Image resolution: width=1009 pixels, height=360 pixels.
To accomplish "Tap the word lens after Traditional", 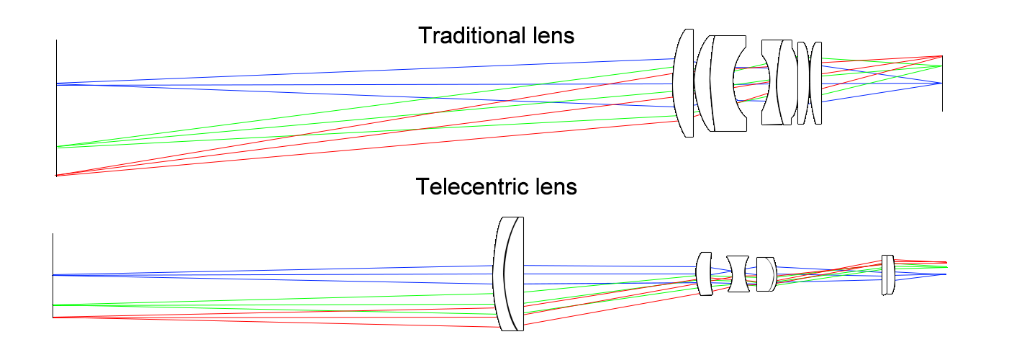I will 551,35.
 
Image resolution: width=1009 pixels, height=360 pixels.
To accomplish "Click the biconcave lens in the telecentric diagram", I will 738,274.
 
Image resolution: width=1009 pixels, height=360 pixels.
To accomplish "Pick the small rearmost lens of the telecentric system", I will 888,274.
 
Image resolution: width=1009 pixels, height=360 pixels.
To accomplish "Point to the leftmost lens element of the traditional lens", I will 684,83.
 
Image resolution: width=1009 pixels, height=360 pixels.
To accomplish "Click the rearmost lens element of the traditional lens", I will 816,83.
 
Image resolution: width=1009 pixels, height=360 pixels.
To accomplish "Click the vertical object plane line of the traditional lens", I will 56,108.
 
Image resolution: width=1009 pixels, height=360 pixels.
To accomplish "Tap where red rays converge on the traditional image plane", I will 941,56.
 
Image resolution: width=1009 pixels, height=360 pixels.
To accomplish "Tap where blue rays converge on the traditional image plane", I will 941,84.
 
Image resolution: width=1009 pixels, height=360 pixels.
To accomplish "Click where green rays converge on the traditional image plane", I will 941,66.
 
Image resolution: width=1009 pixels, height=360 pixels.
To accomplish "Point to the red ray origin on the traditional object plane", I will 56,175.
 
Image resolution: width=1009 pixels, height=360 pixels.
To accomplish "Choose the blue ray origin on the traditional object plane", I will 56,84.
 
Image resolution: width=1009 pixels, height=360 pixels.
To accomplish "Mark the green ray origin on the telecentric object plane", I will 53,305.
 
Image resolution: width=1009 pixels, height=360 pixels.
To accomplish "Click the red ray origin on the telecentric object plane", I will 53,317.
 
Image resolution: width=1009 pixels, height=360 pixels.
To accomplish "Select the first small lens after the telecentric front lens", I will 705,274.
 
